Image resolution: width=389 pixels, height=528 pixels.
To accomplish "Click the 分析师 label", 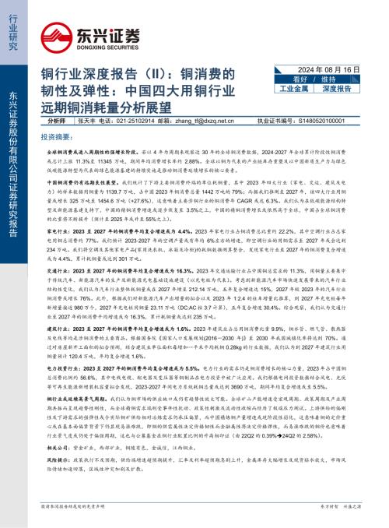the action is tap(57, 121).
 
